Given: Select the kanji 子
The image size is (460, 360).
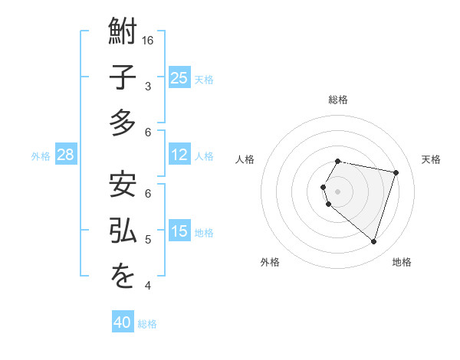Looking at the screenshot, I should pos(123,79).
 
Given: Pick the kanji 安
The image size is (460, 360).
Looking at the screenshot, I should pos(123,186).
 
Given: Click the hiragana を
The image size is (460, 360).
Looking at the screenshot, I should pos(123,278).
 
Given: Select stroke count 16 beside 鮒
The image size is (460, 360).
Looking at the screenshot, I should pos(149,40).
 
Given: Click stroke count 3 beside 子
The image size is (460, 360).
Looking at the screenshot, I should pos(148,87).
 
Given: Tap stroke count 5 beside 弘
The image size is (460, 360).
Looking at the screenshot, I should pos(148,240).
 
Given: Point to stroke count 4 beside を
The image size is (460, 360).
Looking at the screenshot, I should pos(148,286).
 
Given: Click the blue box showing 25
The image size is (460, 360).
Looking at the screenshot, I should pos(179,78).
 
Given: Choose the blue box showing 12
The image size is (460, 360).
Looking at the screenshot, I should pos(179,155).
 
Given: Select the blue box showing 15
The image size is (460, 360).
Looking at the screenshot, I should pos(179,231).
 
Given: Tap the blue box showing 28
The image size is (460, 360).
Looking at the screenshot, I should pos(65,155).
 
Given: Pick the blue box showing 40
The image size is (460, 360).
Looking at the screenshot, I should pos(123,322).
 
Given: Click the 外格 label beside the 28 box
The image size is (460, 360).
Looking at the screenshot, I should pos(41,156).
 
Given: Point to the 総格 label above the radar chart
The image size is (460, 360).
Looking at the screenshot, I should pos(338,100).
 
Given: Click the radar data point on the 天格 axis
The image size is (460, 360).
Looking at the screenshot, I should pos(396,173).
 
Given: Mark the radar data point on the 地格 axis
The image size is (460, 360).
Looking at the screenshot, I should pos(373,241).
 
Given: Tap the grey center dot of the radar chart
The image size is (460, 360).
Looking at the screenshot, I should pos(338,191).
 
